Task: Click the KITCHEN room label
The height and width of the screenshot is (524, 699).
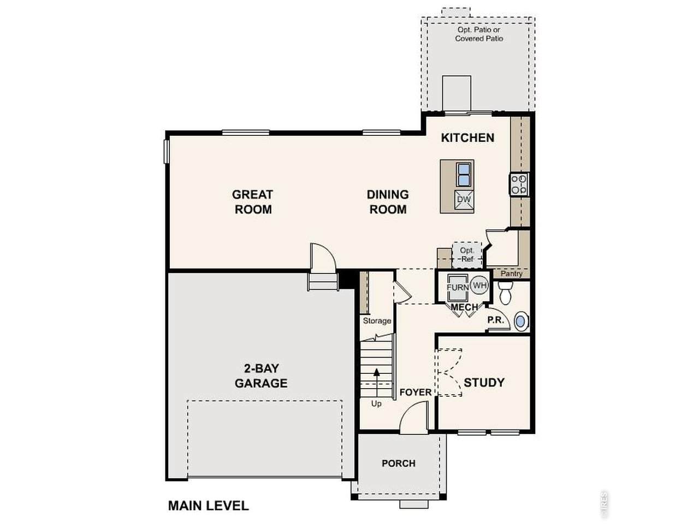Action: point(467,138)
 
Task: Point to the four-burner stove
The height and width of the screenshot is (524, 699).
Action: point(518,184)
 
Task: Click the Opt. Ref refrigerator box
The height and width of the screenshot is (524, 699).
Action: point(467,255)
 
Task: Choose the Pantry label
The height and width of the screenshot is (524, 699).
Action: point(512,273)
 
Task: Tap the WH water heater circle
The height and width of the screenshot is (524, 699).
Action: point(479,285)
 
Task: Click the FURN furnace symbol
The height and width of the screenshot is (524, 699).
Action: point(458,287)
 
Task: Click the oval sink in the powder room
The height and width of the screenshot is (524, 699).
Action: point(520,321)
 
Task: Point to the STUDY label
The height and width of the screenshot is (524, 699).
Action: point(484,383)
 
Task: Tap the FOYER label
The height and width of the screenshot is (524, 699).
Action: point(416,392)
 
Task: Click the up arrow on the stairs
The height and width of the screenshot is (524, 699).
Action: point(377,383)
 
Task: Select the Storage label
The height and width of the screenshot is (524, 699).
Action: point(377,321)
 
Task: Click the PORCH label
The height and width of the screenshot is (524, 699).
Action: point(399,463)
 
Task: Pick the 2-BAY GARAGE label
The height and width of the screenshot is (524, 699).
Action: point(261,376)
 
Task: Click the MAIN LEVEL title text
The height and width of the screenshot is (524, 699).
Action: point(208,506)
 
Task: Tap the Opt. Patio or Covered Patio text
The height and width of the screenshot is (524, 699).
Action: point(479,34)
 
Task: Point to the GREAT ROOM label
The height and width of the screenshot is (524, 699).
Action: point(252,202)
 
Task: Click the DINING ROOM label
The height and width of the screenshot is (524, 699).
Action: point(388,202)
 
